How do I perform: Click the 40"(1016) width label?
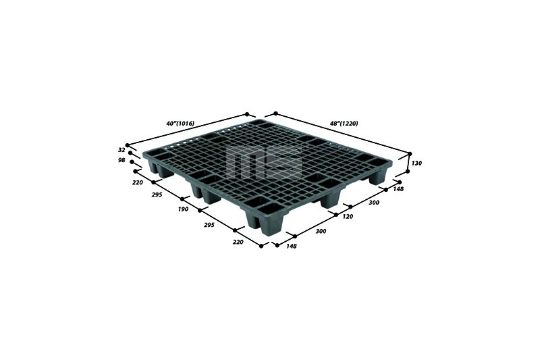pyautogui.click(x=180, y=123)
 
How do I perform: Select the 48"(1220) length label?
pyautogui.click(x=344, y=123)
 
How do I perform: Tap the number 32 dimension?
pyautogui.click(x=122, y=150)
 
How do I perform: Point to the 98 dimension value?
pyautogui.click(x=122, y=160)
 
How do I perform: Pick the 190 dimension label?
pyautogui.click(x=183, y=209)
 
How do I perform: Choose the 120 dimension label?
pyautogui.click(x=348, y=216)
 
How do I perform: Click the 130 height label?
pyautogui.click(x=416, y=163)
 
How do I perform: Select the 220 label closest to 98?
pyautogui.click(x=138, y=182)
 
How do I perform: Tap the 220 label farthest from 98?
pyautogui.click(x=238, y=242)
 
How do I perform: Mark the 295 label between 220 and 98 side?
pyautogui.click(x=157, y=195)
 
